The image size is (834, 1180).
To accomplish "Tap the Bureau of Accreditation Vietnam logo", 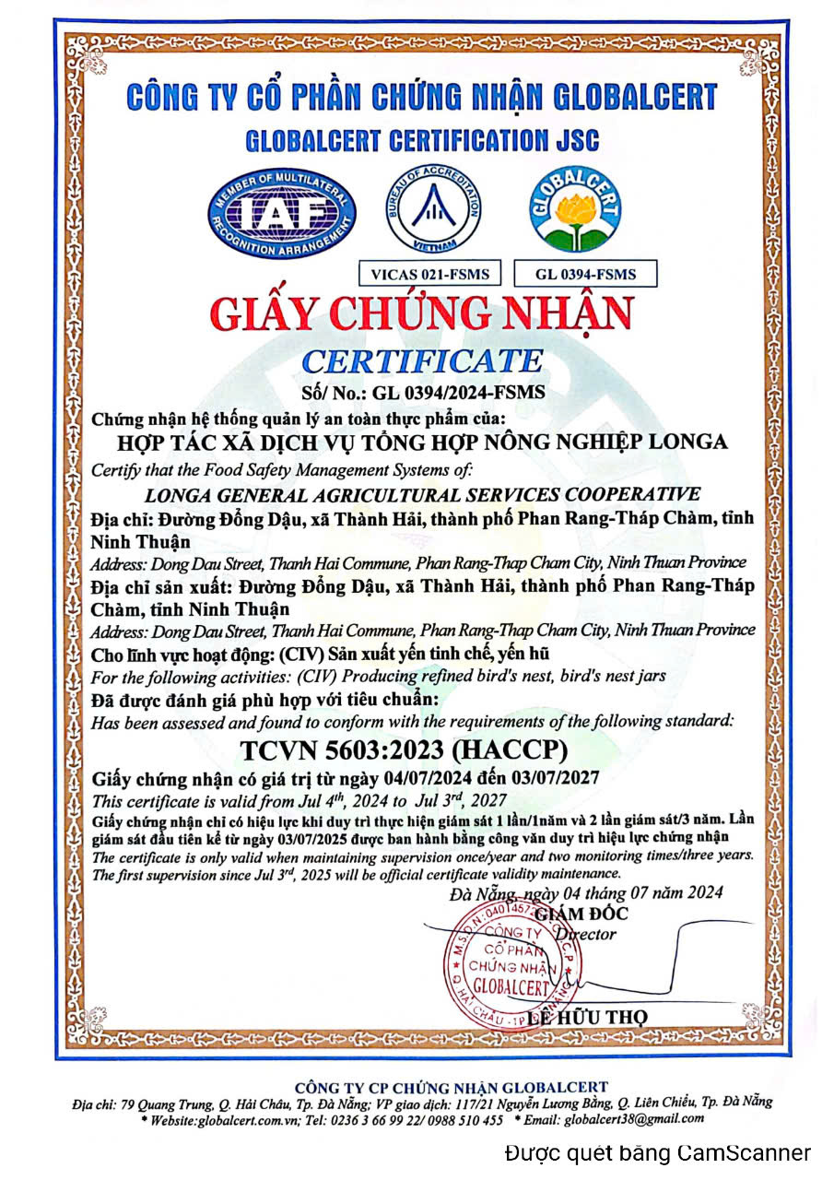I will click(x=432, y=210).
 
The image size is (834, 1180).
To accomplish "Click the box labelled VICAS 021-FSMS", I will click(x=423, y=274).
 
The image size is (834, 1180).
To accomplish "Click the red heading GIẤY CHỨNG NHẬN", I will click(x=421, y=314).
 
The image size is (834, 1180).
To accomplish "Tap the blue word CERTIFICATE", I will click(x=423, y=360).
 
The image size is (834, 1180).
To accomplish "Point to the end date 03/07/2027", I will click(x=553, y=778).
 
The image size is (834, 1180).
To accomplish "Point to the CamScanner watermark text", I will click(x=658, y=1152).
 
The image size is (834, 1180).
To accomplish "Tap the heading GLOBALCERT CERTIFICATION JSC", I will click(x=422, y=141).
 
